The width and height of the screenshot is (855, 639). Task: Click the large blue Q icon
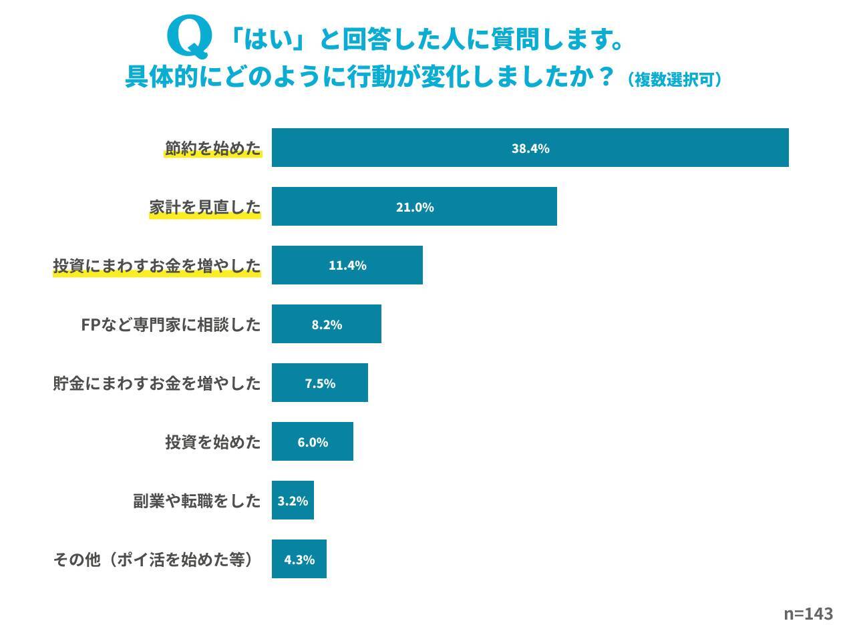coord(190,37)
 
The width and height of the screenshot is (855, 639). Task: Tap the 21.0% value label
coord(415,207)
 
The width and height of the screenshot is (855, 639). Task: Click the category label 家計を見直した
coord(205,207)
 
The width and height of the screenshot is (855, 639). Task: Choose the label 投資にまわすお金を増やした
coord(157,266)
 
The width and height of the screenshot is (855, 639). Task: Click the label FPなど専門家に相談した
coord(170,325)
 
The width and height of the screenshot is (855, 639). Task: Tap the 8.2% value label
coord(327,325)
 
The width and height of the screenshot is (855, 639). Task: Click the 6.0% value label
coord(313,442)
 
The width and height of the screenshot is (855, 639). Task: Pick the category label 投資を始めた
coord(213,442)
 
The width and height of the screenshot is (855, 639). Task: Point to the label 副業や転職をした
coord(197,501)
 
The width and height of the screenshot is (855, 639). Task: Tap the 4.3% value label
coord(299,560)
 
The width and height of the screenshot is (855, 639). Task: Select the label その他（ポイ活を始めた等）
coord(154,560)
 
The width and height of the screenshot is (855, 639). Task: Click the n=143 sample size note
coord(808,614)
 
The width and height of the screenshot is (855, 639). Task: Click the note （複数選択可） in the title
coord(675,80)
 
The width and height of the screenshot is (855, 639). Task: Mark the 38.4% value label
coord(530,148)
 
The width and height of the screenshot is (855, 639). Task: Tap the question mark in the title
coord(605,77)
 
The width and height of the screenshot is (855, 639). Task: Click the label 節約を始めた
coord(213,148)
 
